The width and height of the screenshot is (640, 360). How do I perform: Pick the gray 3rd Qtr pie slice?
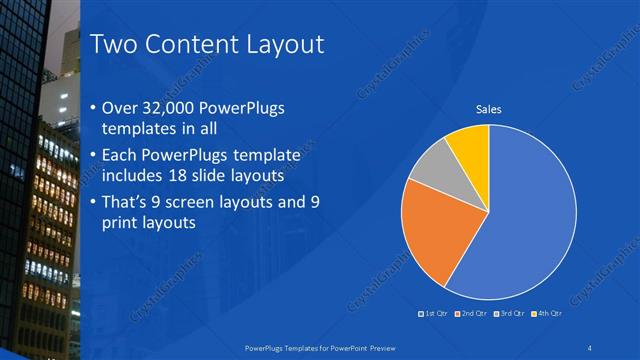click(x=433, y=171)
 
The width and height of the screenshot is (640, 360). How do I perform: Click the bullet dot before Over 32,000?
click(x=93, y=108)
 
